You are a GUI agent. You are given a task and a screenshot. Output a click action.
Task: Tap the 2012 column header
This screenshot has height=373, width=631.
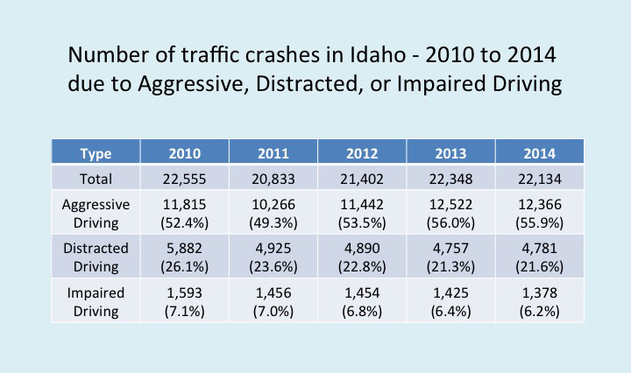[x=362, y=154]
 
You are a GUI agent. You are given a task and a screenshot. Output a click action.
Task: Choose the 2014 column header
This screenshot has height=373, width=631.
[x=538, y=154]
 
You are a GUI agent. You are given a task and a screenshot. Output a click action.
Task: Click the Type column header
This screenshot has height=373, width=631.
[x=96, y=154]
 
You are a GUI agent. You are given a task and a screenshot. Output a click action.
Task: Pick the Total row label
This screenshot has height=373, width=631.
[x=96, y=179]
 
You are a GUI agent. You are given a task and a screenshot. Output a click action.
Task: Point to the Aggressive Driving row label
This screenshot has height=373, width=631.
[x=96, y=212]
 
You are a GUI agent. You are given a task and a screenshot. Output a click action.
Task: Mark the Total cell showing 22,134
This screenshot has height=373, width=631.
[x=538, y=179]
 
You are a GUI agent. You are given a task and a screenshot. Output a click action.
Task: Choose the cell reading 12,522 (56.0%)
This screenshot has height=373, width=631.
[x=450, y=212]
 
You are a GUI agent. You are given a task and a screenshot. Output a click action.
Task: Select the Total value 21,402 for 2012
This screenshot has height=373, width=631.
[x=362, y=179]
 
